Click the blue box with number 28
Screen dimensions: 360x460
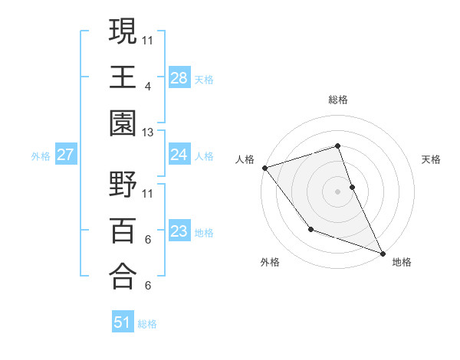(179, 78)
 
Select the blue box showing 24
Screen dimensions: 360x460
(179, 155)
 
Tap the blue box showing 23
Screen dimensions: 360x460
(179, 231)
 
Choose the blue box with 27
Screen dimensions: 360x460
(65, 155)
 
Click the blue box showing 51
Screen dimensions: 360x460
(123, 322)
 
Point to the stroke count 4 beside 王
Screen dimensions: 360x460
(147, 86)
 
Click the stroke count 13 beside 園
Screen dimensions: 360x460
(149, 133)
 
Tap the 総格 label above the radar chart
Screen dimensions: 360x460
(337, 100)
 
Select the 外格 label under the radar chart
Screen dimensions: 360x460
(270, 262)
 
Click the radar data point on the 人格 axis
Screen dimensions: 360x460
(264, 168)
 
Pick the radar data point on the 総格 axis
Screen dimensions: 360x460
(337, 146)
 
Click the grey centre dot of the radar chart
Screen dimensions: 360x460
(337, 191)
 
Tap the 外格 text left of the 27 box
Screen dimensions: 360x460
(41, 155)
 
